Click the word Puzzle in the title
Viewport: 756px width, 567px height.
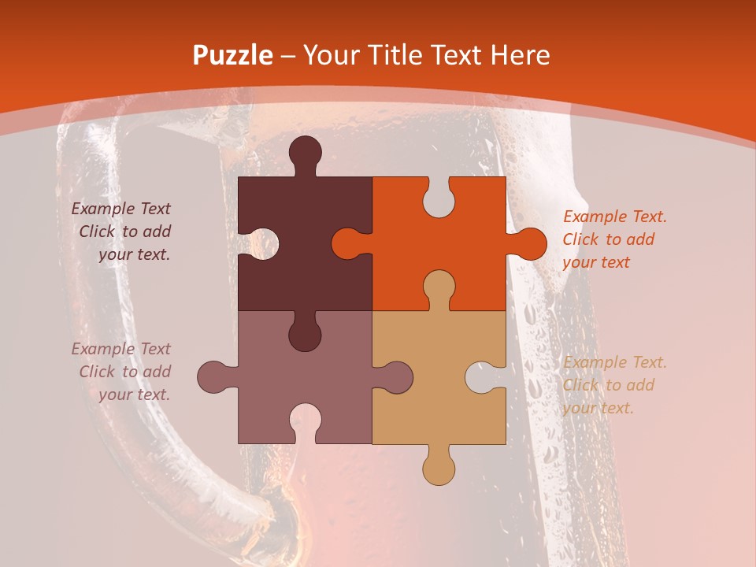[233, 55]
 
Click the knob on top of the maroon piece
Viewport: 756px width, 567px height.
[305, 154]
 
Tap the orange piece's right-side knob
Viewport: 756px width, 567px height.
[527, 243]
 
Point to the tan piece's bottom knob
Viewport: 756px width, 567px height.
[439, 466]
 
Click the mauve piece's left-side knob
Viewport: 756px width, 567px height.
[215, 377]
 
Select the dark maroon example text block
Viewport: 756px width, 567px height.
[122, 232]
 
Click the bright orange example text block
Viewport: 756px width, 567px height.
[614, 239]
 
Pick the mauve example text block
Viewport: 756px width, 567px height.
[122, 372]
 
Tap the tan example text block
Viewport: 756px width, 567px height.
[614, 385]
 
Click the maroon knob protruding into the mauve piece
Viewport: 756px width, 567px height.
[305, 332]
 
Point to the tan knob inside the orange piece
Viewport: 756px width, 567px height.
[439, 288]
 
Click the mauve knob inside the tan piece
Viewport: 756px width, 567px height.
[394, 377]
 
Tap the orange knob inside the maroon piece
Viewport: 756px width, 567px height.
[350, 243]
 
